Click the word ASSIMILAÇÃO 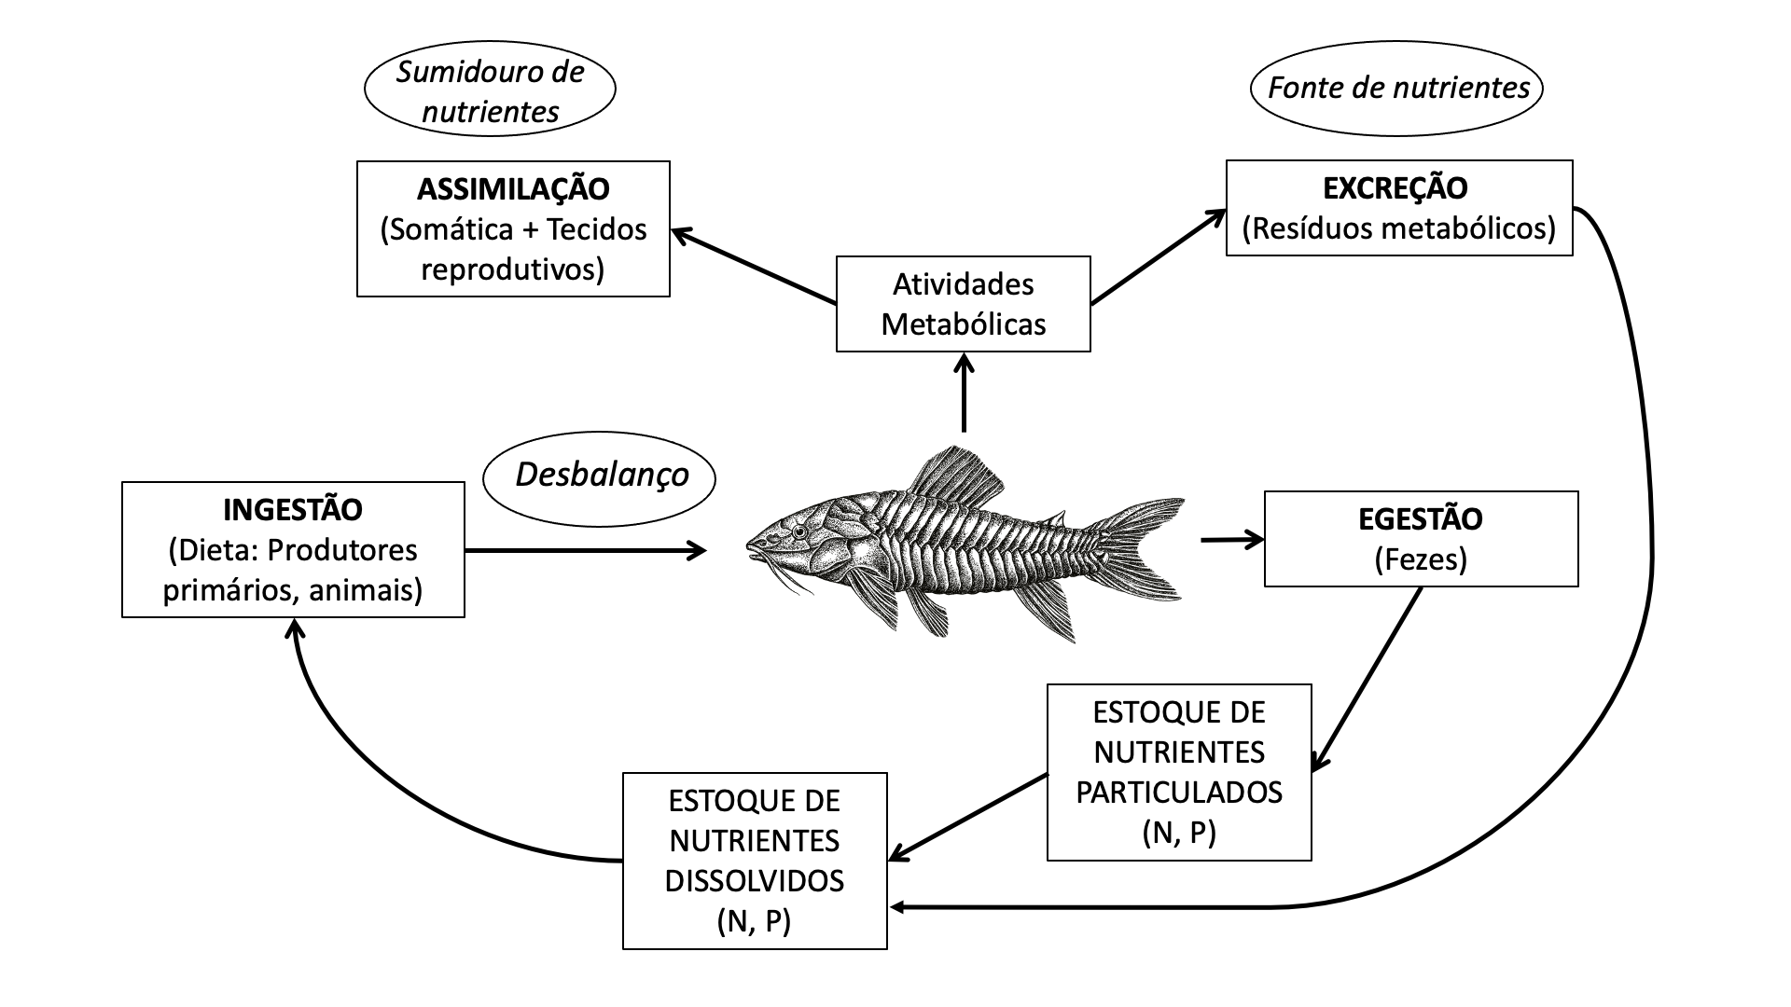tap(513, 189)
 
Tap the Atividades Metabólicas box tap(963, 304)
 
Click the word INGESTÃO tap(293, 510)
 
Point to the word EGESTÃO tap(1420, 519)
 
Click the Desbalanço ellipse tap(600, 476)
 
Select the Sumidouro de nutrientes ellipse tap(490, 91)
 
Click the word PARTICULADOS tap(1179, 792)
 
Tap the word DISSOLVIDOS tap(754, 880)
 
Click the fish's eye tap(799, 531)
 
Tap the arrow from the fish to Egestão tap(1230, 539)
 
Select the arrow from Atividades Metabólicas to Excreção tap(1158, 256)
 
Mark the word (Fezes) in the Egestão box tap(1420, 559)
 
